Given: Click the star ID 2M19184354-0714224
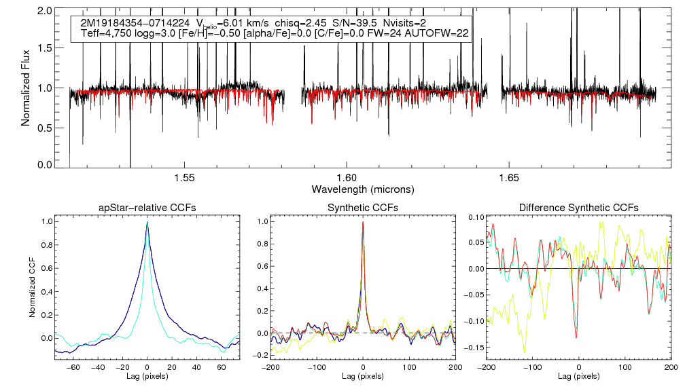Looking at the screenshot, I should [135, 23].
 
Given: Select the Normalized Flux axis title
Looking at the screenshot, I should [25, 88].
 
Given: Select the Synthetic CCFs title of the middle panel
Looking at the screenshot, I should [363, 207].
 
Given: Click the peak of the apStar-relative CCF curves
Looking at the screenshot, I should [147, 223].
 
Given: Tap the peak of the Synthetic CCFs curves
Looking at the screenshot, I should [363, 222].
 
